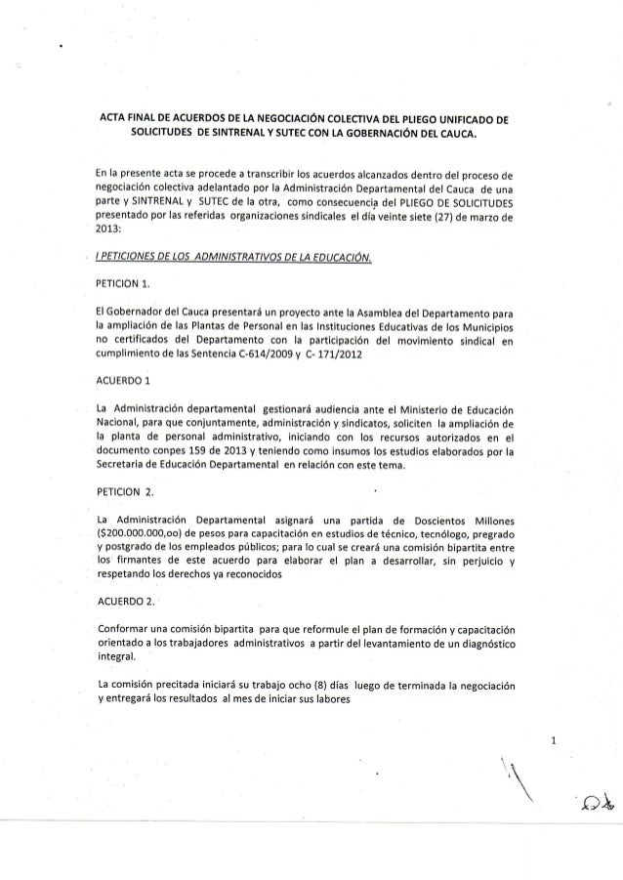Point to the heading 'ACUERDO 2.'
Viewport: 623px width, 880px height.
tap(122, 601)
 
